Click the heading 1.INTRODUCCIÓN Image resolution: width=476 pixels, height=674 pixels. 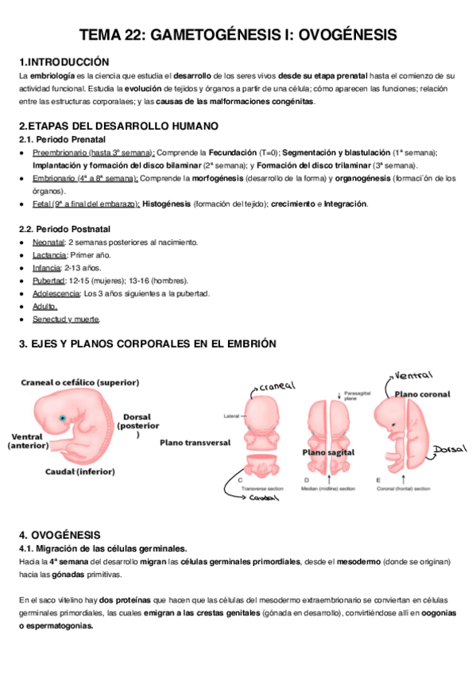(x=64, y=61)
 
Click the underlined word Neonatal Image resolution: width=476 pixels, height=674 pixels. (x=48, y=242)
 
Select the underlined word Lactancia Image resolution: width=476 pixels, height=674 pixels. (x=49, y=255)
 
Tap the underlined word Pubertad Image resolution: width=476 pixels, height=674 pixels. (x=48, y=281)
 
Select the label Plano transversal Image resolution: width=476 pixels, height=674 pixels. (x=195, y=442)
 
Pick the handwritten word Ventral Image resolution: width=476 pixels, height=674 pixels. (x=413, y=374)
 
